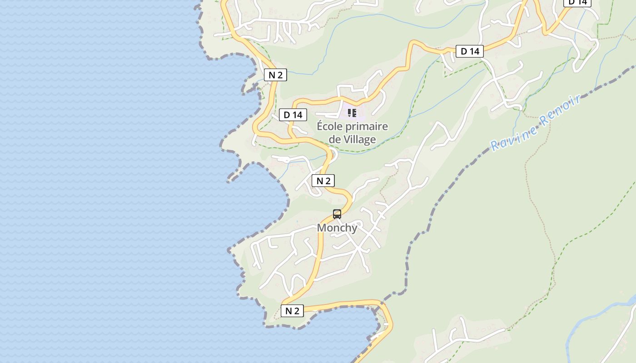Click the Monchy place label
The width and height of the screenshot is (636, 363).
(x=337, y=228)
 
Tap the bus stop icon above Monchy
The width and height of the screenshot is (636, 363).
(x=337, y=214)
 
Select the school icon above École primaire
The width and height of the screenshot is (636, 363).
(x=352, y=113)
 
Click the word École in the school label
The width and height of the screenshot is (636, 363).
(x=331, y=126)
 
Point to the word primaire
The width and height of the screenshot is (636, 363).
(x=368, y=127)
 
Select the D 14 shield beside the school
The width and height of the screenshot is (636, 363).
(x=293, y=115)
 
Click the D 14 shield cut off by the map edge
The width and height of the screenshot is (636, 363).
(x=578, y=2)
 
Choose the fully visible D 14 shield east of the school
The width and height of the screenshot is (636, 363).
(x=470, y=51)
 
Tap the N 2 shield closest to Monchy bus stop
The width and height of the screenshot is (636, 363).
(x=323, y=181)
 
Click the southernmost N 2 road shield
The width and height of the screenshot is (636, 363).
(x=292, y=311)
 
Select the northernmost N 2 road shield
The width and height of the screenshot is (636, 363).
(x=275, y=75)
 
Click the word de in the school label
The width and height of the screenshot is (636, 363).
(x=334, y=139)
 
